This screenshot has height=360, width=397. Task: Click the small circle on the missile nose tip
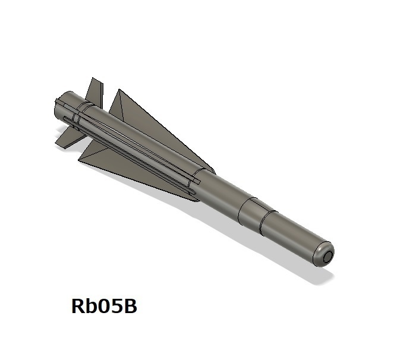[x=327, y=256]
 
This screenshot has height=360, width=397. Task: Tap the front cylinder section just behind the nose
[x=291, y=236]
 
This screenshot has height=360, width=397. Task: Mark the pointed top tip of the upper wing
[x=119, y=91]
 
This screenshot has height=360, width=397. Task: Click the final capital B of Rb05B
[x=131, y=307]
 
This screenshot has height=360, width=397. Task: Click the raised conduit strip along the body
[x=131, y=149]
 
